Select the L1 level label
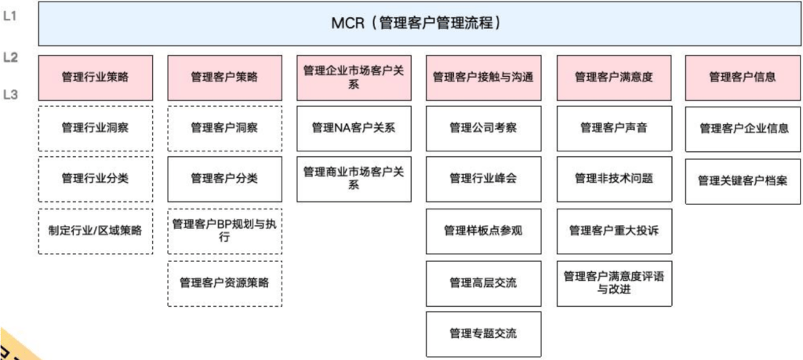coord(10,16)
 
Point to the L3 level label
coord(11,95)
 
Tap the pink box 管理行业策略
coord(95,78)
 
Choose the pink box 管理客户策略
coord(225,78)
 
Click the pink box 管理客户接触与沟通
coord(483,78)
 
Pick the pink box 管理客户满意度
coord(614,78)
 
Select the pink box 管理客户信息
coord(743,78)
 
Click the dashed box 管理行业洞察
coord(95,128)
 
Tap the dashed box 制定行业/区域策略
coord(95,231)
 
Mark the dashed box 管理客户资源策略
coord(225,283)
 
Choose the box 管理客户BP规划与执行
coord(225,231)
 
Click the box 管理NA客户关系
coord(354,128)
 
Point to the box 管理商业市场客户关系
coord(354,180)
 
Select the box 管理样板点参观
coord(483,231)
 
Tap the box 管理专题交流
coord(483,334)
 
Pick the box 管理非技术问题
coord(614,180)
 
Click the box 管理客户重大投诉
coord(614,231)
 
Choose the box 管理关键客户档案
coord(743,181)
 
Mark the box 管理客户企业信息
coord(743,129)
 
